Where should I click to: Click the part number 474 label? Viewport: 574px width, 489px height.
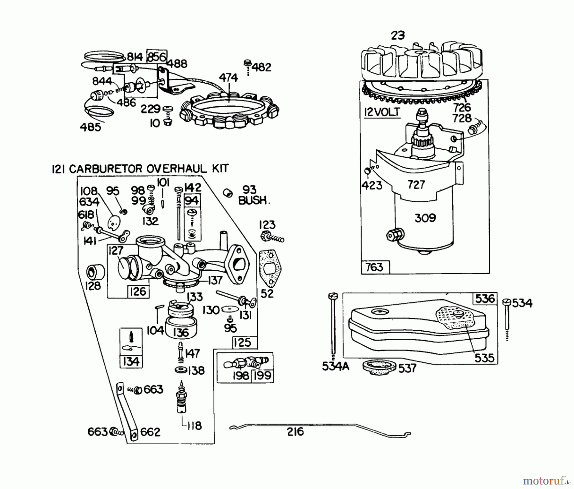(x=228, y=78)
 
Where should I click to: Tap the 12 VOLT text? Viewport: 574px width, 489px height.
(x=382, y=112)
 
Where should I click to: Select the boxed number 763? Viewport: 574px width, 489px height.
(x=374, y=267)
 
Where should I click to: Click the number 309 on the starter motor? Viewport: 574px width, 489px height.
(x=425, y=218)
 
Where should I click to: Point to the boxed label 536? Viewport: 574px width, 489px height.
(x=485, y=299)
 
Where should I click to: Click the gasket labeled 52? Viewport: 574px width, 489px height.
(x=271, y=268)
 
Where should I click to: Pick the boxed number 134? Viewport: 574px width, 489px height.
(x=131, y=362)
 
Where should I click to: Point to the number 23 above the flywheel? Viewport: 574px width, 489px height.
(x=397, y=35)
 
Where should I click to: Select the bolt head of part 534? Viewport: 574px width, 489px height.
(x=507, y=302)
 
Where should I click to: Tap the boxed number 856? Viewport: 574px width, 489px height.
(x=157, y=57)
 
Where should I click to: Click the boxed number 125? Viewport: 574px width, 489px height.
(x=242, y=342)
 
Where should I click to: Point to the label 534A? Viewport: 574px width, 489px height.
(x=335, y=367)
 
